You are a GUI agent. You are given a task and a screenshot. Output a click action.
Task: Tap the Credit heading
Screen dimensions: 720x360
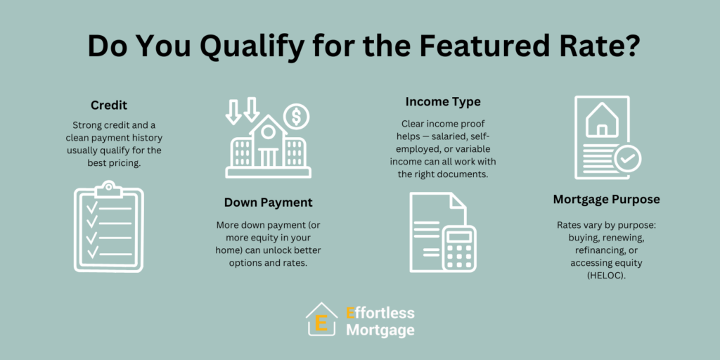click(109, 105)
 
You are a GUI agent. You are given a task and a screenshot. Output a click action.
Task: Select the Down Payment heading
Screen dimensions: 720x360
click(268, 202)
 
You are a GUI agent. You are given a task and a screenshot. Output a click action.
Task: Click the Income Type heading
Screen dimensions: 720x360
click(443, 101)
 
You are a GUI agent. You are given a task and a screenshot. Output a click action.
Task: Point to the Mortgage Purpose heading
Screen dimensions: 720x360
click(606, 199)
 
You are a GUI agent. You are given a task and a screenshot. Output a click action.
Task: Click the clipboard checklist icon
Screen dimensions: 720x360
click(109, 226)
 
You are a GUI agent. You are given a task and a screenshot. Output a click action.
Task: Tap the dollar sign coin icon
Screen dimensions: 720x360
click(296, 117)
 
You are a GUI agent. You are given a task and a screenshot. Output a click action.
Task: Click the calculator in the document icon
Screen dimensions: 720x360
click(459, 247)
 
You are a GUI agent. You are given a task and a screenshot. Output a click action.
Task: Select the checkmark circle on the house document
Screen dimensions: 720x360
click(627, 158)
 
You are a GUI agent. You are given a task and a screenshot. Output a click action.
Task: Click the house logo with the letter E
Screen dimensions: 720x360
click(321, 319)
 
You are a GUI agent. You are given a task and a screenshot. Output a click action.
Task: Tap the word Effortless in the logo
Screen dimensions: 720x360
click(380, 313)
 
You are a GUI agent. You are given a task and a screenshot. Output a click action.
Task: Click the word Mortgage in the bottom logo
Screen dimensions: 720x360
click(380, 330)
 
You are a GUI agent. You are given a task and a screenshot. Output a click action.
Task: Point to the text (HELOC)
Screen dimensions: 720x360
click(606, 277)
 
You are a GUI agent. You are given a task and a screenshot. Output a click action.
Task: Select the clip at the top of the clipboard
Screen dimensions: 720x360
click(109, 186)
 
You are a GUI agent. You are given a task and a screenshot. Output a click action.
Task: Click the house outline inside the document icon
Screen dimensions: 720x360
click(602, 120)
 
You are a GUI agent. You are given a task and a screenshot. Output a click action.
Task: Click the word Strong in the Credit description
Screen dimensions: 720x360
click(85, 125)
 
